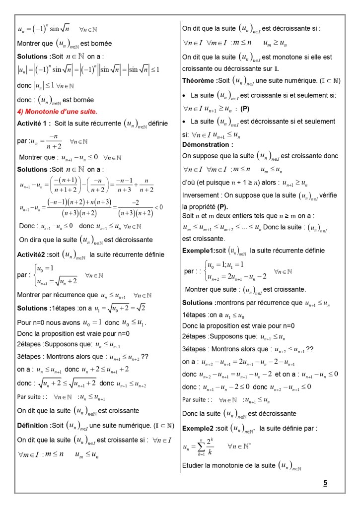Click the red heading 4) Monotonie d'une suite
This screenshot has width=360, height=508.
[x=57, y=112]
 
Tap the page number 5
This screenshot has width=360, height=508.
[x=325, y=483]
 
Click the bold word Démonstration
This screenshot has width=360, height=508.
[x=208, y=145]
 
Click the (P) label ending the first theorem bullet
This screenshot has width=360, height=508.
[x=245, y=108]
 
